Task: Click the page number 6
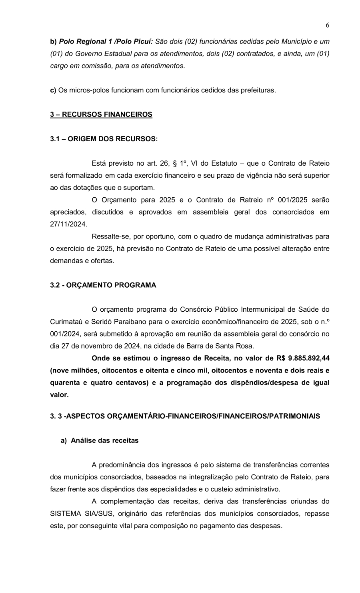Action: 328,26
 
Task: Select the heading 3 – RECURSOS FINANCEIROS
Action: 101,114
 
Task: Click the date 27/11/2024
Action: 68,224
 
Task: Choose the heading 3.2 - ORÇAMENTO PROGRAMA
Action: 103,285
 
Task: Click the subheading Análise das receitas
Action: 104,441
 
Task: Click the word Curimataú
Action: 66,321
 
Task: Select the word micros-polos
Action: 89,90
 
